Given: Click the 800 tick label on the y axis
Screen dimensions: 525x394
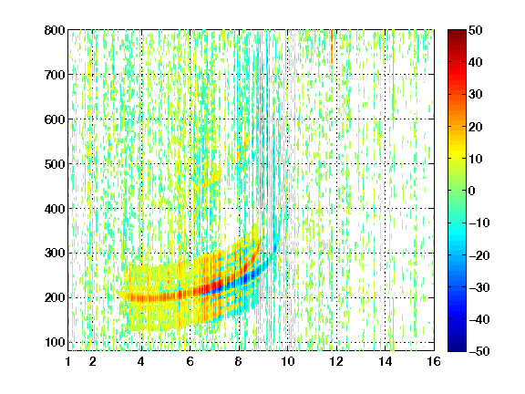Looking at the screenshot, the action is (x=55, y=30).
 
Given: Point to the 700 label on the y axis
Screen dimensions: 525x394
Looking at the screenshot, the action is (x=55, y=75).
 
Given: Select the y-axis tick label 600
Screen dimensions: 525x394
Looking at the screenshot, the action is (x=55, y=119).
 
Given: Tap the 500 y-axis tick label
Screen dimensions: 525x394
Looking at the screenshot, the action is (x=55, y=164).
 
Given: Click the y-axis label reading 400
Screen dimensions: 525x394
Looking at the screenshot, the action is (x=55, y=209).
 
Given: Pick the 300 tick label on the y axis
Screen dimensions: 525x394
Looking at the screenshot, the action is (x=55, y=253).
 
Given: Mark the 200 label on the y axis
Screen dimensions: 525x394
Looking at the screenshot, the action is (x=55, y=297).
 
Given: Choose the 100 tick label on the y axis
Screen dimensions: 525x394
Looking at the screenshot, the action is (x=55, y=342).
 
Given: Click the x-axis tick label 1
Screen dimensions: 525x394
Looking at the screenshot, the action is (x=68, y=361).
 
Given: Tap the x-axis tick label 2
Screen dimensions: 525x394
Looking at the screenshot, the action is (x=93, y=361).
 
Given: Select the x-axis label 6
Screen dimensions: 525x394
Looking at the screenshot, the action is (x=190, y=361).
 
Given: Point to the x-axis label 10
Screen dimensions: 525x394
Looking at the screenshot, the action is (x=288, y=361).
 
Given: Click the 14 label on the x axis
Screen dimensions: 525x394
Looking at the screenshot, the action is (x=386, y=361).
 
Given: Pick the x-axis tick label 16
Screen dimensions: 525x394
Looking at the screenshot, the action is (x=434, y=361).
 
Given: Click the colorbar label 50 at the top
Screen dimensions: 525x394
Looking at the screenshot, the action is (x=476, y=30).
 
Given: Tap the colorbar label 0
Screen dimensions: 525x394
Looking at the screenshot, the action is (x=472, y=191).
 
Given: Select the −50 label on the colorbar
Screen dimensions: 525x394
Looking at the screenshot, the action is (x=479, y=351).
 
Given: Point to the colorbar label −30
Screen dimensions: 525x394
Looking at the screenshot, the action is (x=479, y=287).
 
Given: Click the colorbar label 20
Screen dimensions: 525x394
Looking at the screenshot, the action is (x=476, y=127).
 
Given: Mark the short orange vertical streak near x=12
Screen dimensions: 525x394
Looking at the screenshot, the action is (x=332, y=47).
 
